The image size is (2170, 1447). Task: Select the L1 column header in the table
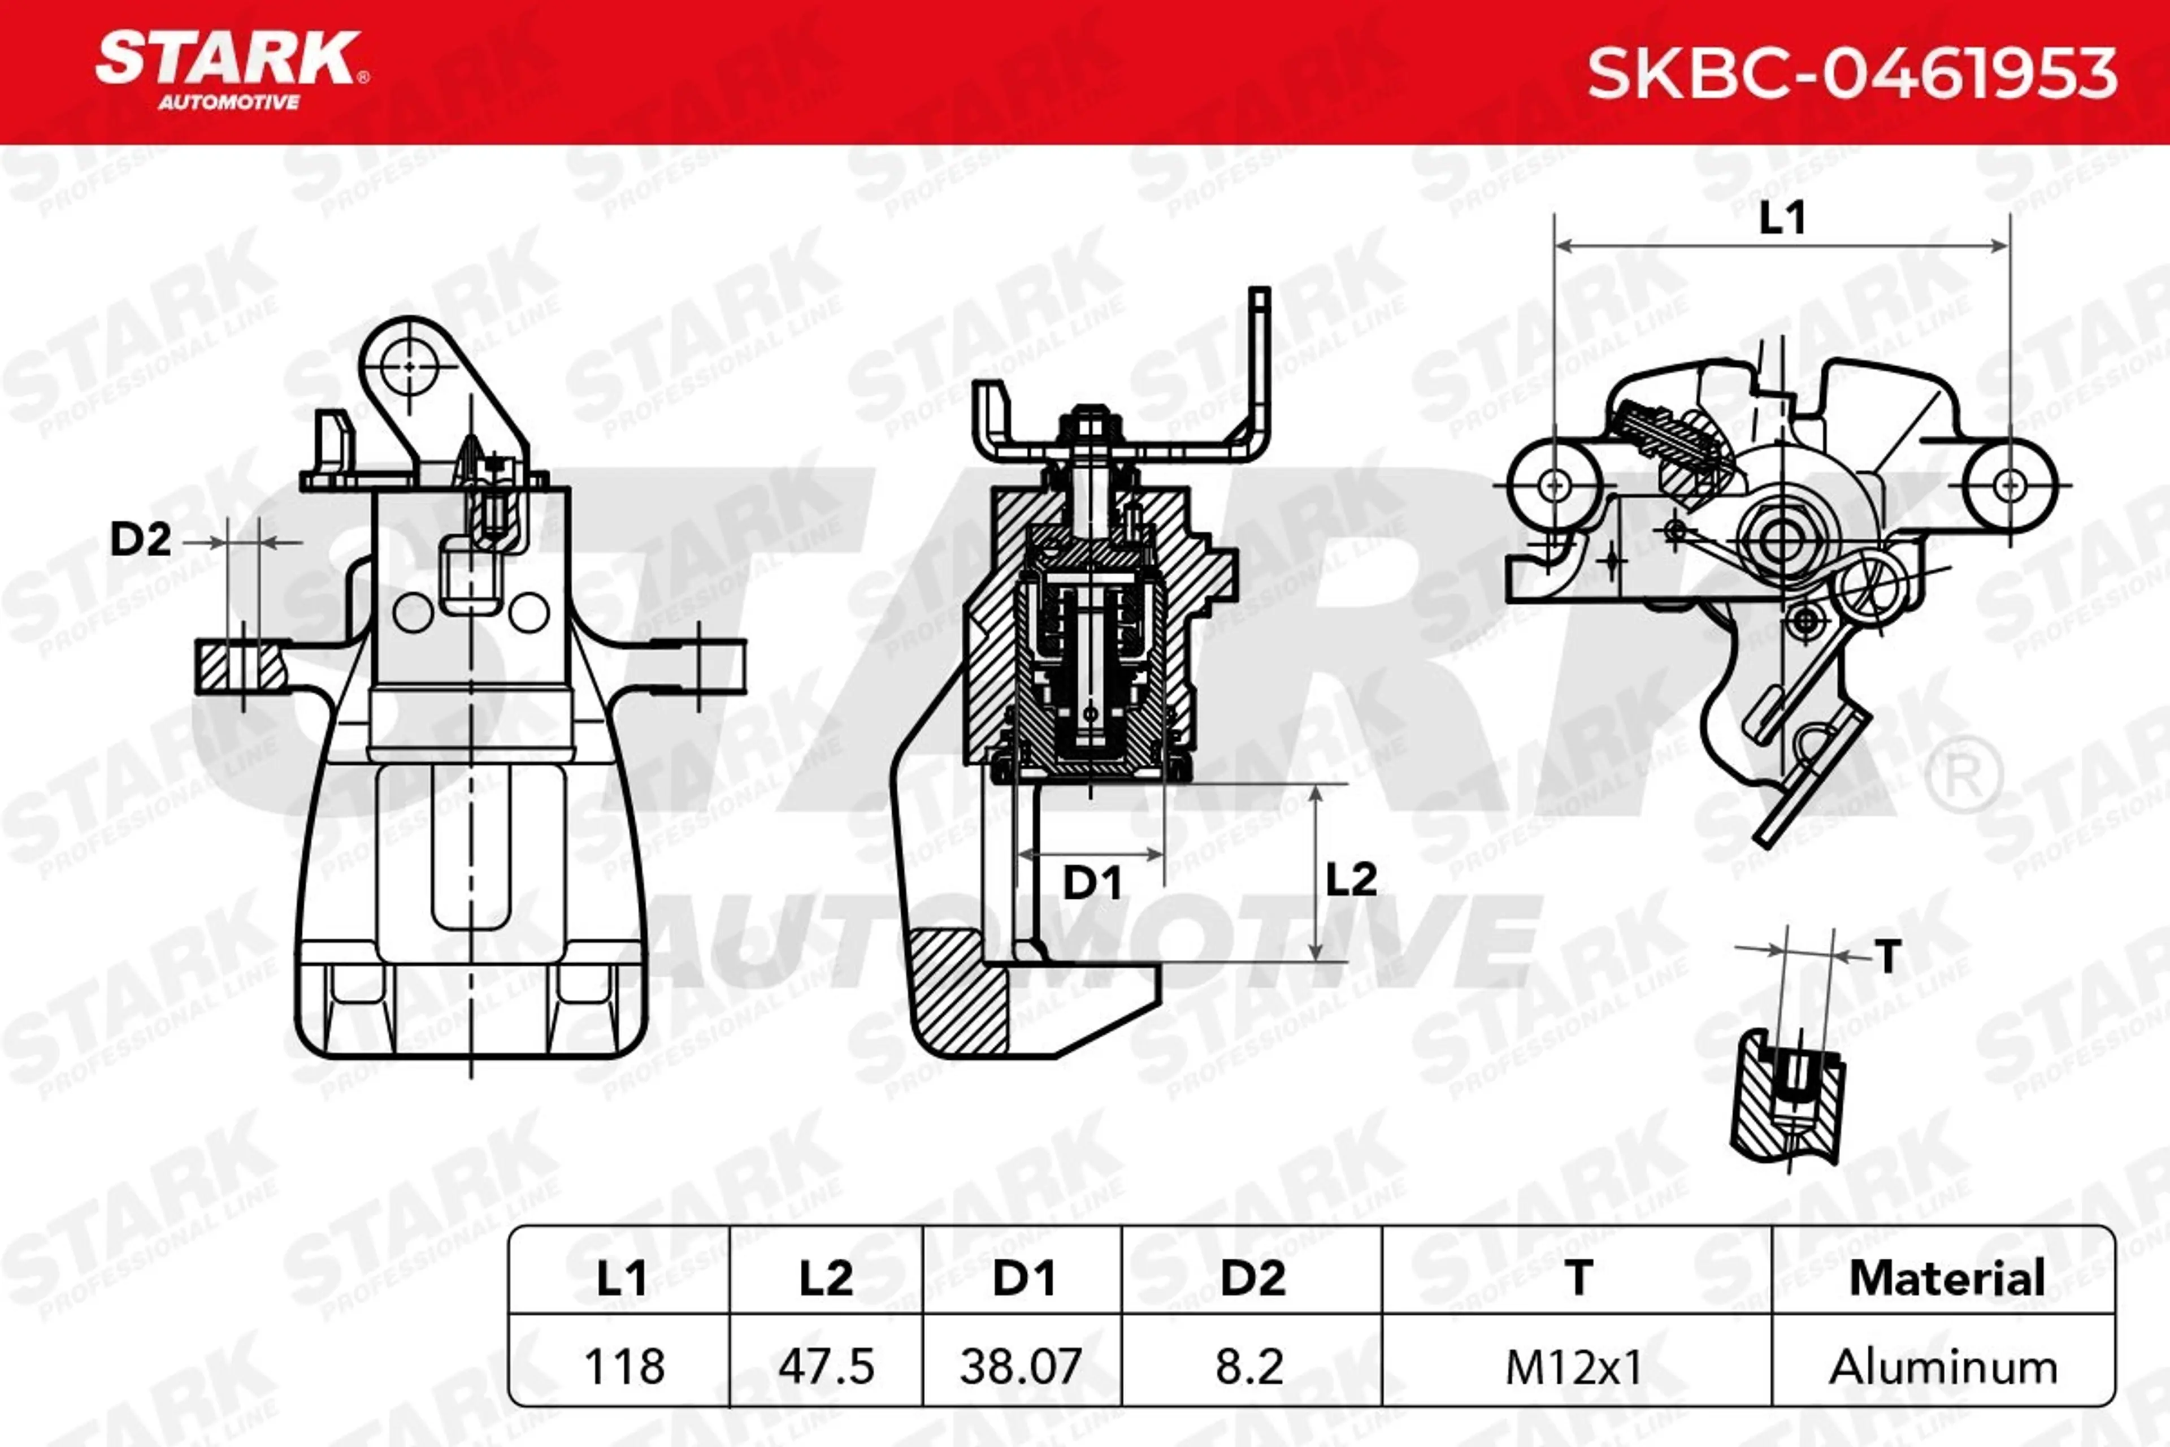coord(621,1278)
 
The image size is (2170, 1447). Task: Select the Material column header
coord(1947,1278)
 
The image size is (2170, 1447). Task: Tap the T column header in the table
coord(1578,1278)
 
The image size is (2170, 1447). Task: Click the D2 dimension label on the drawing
coord(140,538)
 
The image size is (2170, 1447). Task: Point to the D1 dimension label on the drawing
coord(1092,883)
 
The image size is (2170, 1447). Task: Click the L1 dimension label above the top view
coord(1782,218)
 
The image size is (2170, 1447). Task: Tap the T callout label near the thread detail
coord(1889,956)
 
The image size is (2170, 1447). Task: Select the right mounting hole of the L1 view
coord(2010,484)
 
